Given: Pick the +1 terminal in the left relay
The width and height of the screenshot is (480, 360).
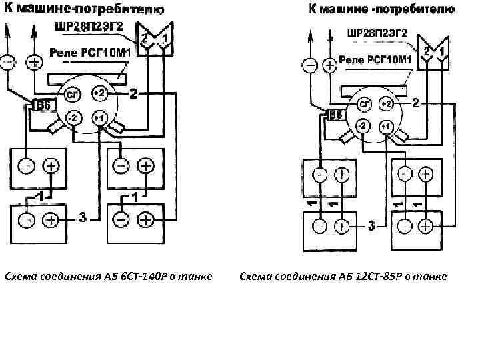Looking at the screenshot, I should coord(99,119).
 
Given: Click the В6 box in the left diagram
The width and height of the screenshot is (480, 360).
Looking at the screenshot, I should coord(42,106).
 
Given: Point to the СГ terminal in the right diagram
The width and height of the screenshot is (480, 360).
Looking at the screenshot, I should coord(364,105).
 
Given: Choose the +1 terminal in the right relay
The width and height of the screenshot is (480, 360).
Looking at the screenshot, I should coord(387,127).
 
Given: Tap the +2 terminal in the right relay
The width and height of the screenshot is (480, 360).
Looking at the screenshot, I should coord(387,105).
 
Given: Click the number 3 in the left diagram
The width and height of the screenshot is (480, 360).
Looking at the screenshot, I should coord(82,216).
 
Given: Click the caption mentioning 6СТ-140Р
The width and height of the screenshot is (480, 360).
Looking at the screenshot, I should coord(108,276).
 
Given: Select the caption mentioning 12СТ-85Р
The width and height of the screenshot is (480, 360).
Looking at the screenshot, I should coord(343,276).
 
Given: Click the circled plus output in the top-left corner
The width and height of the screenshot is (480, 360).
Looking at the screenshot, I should coord(35,62).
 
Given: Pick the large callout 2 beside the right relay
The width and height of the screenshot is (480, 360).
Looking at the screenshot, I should coord(416,103).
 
